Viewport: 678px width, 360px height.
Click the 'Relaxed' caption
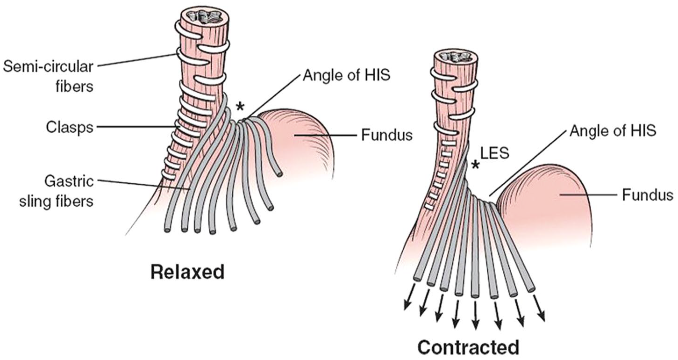[187, 272]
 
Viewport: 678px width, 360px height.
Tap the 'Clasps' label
[70, 128]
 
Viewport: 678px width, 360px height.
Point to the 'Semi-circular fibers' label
[48, 77]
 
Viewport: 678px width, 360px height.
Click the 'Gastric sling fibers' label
[57, 191]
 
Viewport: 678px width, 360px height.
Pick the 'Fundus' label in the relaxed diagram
[387, 135]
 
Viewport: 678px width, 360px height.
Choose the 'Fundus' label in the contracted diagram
[648, 195]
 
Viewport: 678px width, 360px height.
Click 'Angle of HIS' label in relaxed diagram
[347, 75]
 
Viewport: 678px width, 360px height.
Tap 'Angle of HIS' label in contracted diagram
[613, 131]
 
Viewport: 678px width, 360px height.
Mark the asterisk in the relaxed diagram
[240, 106]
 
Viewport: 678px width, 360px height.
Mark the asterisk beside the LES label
[476, 165]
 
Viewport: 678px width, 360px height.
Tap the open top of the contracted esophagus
[456, 58]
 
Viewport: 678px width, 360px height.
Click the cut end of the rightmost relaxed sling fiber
[279, 174]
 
